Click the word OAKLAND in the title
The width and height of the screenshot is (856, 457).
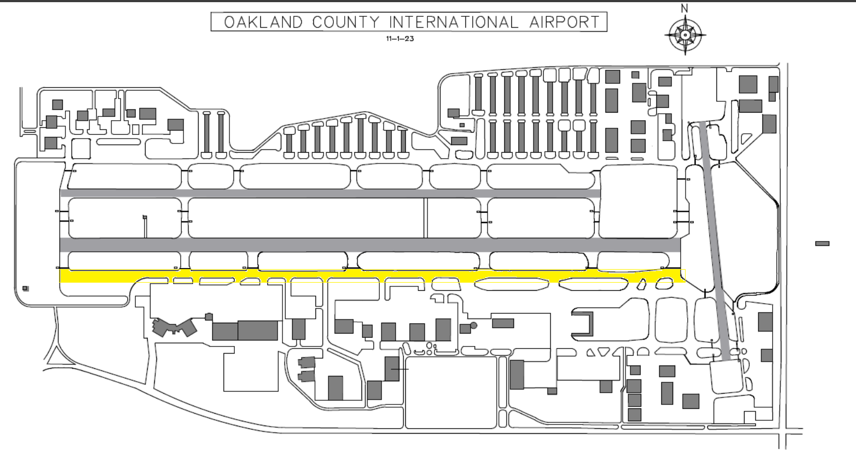[264, 22]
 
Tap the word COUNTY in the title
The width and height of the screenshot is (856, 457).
[346, 22]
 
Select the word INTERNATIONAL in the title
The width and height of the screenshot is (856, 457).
[453, 22]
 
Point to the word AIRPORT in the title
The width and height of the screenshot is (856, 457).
[564, 22]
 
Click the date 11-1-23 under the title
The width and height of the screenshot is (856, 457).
[400, 38]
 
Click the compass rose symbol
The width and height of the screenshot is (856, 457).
[685, 35]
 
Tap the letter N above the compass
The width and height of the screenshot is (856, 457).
[685, 8]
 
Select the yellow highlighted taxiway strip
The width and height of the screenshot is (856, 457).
[372, 276]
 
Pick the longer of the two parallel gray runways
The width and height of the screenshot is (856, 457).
[370, 245]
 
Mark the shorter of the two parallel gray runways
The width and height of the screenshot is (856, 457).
[330, 193]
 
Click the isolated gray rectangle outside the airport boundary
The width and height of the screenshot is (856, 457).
[822, 244]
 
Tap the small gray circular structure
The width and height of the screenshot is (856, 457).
[474, 325]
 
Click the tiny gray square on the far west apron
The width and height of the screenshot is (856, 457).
[25, 289]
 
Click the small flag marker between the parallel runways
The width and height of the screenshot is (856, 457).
[145, 218]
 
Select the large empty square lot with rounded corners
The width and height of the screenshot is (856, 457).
[451, 393]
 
